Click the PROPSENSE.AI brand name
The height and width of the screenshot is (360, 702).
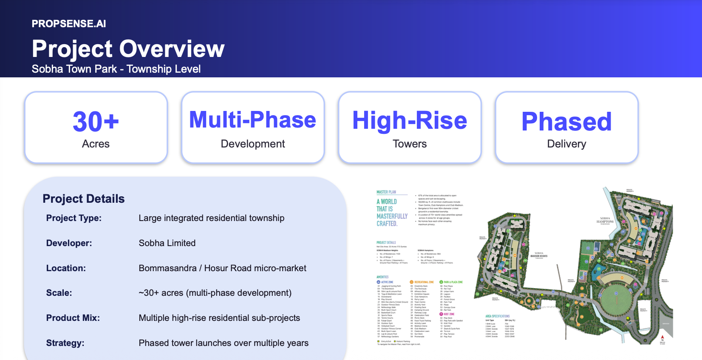click(69, 24)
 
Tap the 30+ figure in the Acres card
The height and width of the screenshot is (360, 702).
click(96, 122)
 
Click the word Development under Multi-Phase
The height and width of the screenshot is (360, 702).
click(253, 144)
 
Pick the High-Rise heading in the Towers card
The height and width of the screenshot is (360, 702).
click(410, 120)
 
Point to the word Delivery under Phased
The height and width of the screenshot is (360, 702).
click(566, 144)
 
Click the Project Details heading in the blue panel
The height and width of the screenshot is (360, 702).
click(84, 199)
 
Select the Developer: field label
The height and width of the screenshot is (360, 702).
click(69, 243)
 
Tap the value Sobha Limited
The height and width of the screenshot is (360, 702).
click(167, 243)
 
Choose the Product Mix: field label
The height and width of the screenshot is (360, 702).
click(73, 318)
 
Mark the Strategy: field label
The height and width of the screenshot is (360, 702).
click(65, 343)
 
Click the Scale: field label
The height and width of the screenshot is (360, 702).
click(59, 293)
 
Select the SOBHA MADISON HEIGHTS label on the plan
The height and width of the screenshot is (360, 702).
click(539, 255)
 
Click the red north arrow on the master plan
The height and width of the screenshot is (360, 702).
click(662, 337)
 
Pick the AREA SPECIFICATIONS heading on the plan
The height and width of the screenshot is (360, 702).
click(497, 316)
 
